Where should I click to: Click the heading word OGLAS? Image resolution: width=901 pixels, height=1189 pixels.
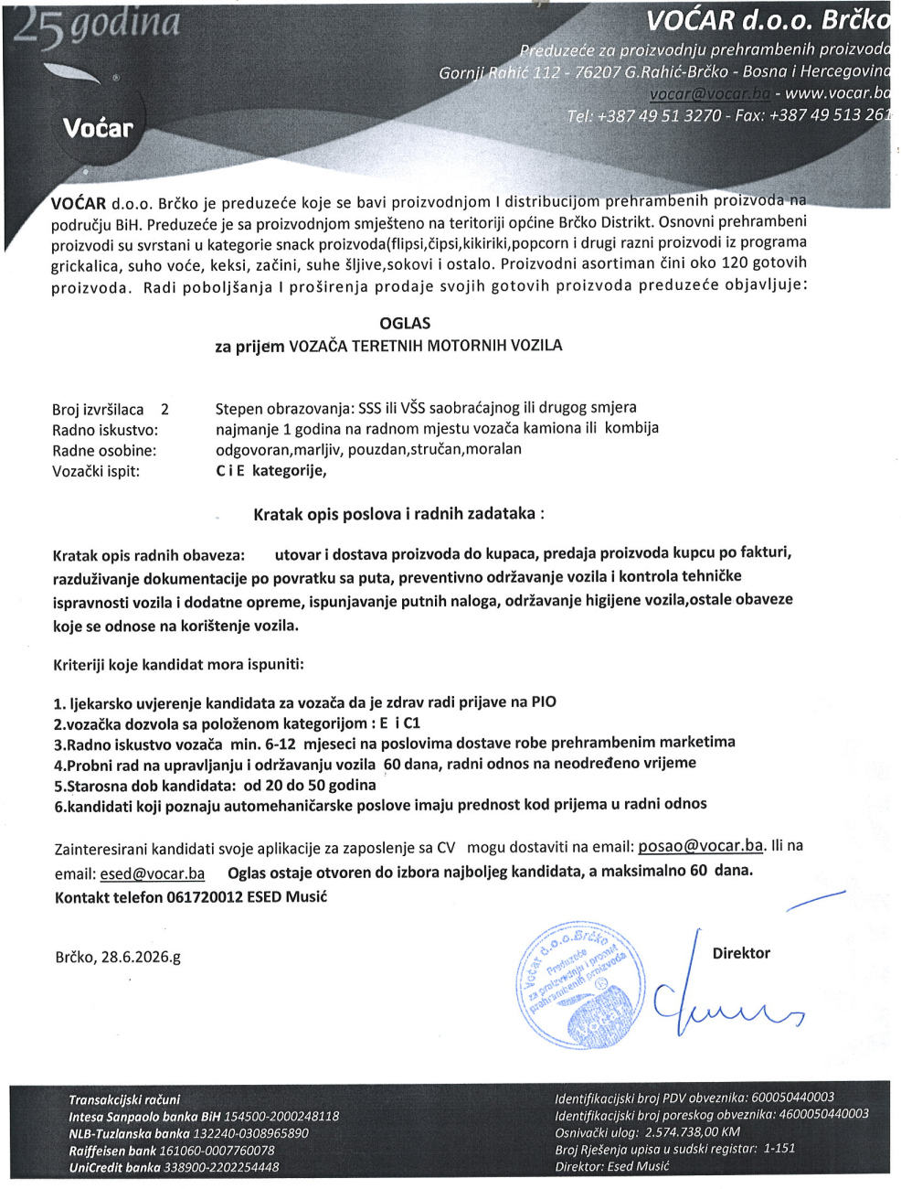click(405, 324)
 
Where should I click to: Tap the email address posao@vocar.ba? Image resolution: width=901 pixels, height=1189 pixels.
click(700, 846)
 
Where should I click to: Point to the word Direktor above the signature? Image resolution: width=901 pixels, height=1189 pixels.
click(741, 953)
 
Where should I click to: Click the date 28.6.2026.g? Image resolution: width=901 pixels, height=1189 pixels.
click(140, 958)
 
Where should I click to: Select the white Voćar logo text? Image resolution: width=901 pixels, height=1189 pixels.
click(98, 128)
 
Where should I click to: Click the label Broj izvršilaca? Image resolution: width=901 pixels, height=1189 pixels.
click(98, 410)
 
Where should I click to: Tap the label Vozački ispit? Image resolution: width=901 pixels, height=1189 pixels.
click(96, 472)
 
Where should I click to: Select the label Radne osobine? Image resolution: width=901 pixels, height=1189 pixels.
click(104, 451)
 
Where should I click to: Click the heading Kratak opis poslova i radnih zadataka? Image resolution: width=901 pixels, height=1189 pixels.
click(398, 514)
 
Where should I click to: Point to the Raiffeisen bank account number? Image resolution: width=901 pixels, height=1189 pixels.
click(217, 1151)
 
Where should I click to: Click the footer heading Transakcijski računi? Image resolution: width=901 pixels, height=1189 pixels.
click(124, 1099)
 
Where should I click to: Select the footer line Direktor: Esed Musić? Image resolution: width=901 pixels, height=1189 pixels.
click(611, 1166)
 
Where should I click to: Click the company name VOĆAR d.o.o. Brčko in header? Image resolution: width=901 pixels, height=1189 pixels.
click(768, 20)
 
